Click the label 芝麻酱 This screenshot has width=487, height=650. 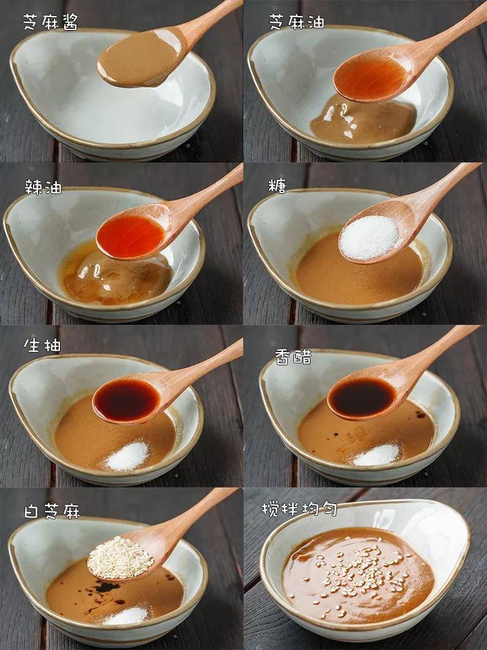pyautogui.click(x=50, y=22)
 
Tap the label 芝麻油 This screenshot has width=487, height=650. pyautogui.click(x=296, y=21)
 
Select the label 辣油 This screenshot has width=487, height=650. pyautogui.click(x=43, y=186)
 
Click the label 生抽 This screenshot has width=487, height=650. pyautogui.click(x=42, y=345)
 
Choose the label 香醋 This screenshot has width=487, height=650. pyautogui.click(x=293, y=357)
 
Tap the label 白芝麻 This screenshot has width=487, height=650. pyautogui.click(x=52, y=511)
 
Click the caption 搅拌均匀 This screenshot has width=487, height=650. pyautogui.click(x=299, y=508)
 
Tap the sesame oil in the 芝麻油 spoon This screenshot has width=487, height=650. pyautogui.click(x=370, y=78)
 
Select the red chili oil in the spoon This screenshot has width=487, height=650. pyautogui.click(x=130, y=236)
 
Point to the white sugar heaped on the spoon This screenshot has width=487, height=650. pyautogui.click(x=369, y=237)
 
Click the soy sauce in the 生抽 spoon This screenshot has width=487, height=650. pyautogui.click(x=126, y=400)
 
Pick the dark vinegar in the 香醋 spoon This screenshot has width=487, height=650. pyautogui.click(x=361, y=397)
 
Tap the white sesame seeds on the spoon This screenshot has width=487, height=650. pyautogui.click(x=120, y=557)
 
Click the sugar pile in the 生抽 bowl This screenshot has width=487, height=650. pyautogui.click(x=127, y=456)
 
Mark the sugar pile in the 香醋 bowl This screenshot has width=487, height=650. pyautogui.click(x=377, y=455)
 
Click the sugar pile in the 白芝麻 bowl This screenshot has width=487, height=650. pyautogui.click(x=126, y=615)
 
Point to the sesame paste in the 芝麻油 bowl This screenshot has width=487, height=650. pyautogui.click(x=363, y=120)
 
